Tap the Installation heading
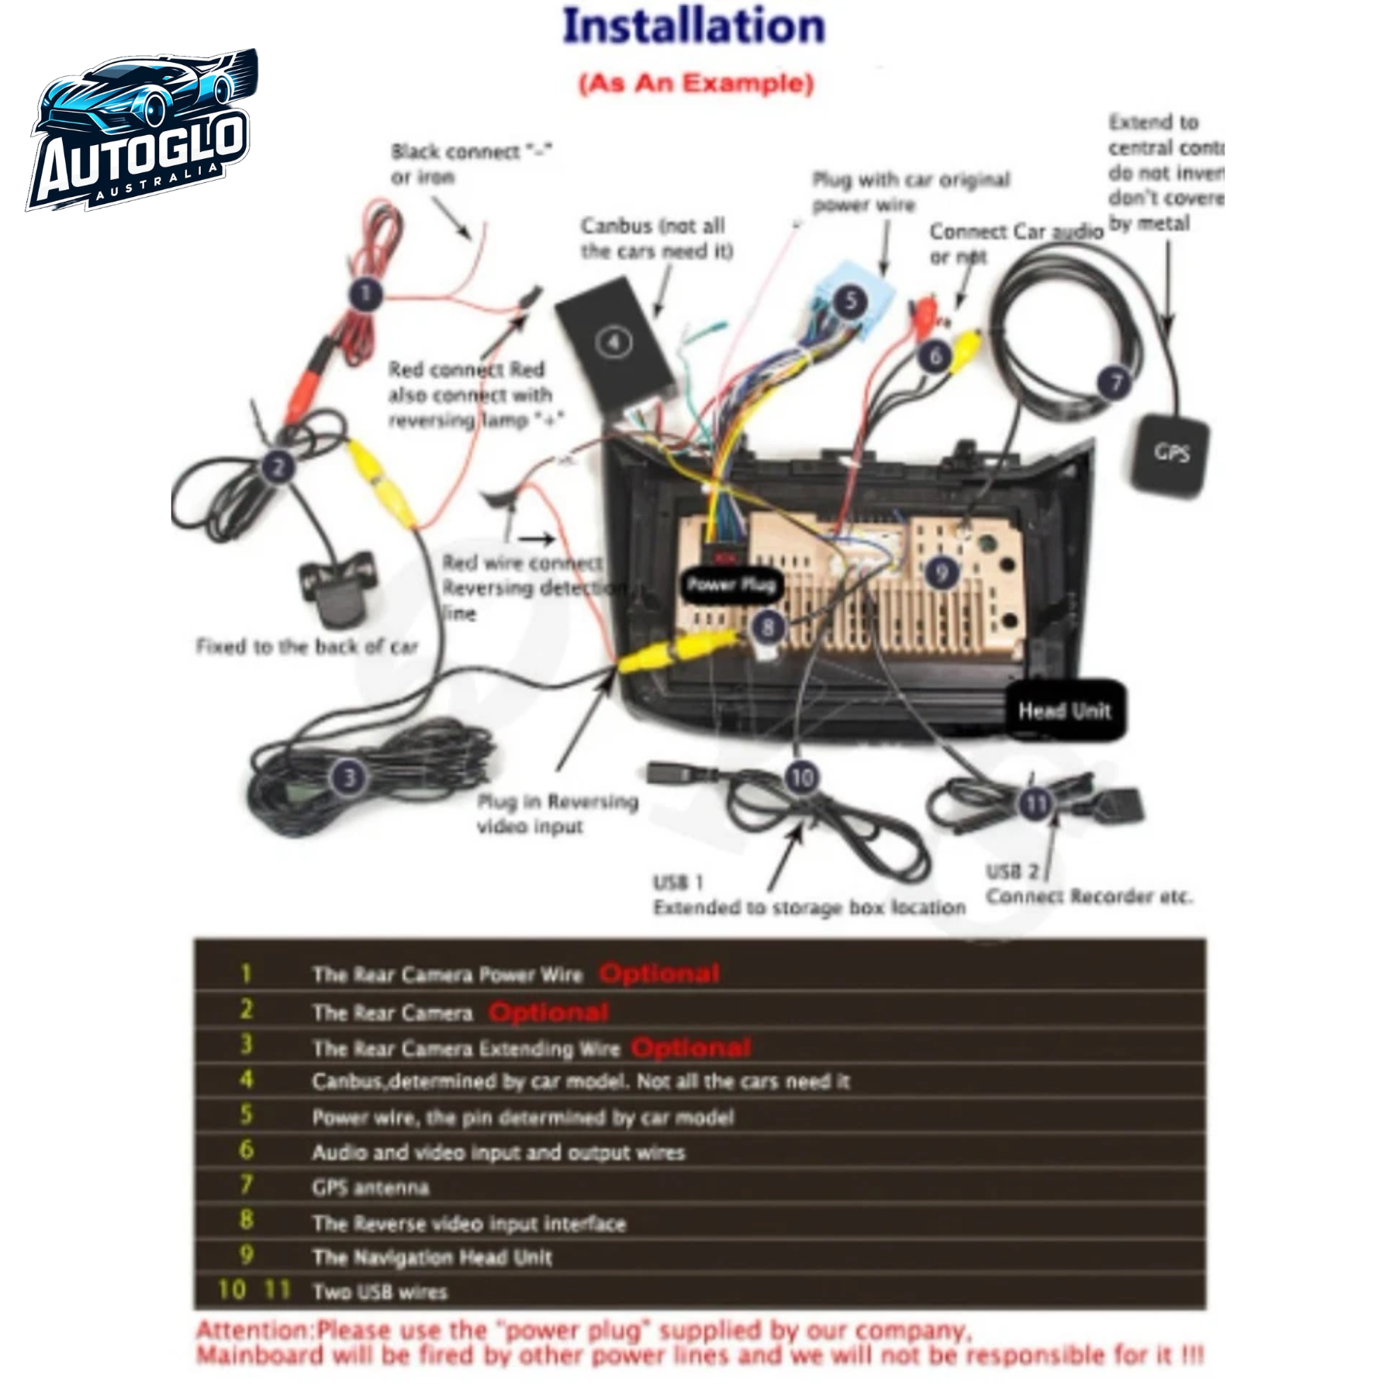pos(693,26)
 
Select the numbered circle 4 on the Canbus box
pos(614,342)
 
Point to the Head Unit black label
pos(1064,710)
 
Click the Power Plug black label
pos(731,585)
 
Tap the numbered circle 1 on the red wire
pos(365,294)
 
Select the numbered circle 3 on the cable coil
pos(349,776)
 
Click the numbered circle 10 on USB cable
pos(801,776)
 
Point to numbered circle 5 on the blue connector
pos(850,300)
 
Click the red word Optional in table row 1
pos(659,974)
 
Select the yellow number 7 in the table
pos(246,1184)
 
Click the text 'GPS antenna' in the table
pos(370,1187)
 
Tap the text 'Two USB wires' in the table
pos(379,1292)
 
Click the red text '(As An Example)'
pos(696,83)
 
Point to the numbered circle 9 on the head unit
pos(942,572)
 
